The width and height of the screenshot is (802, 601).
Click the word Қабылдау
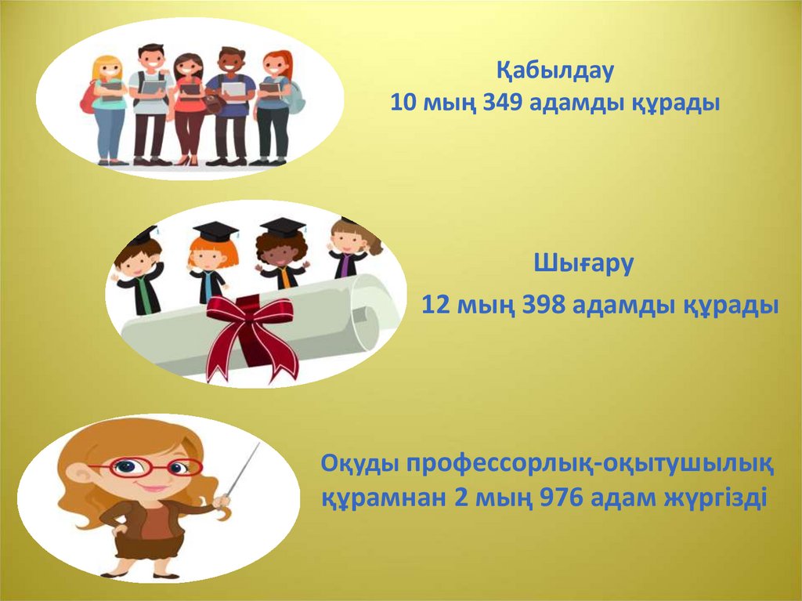tap(555, 71)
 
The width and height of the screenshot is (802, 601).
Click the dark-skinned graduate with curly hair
tap(281, 254)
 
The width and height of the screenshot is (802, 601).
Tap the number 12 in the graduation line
tap(436, 305)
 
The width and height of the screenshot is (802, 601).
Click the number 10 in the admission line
tap(405, 103)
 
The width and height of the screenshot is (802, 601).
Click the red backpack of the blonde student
tap(89, 98)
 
